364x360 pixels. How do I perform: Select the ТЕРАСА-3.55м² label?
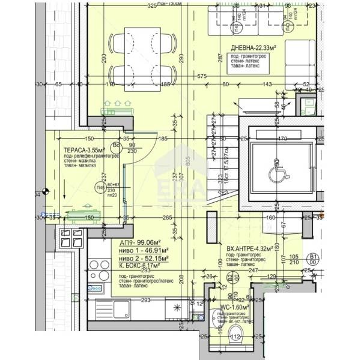pyautogui.click(x=85, y=151)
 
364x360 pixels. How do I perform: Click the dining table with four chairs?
pyautogui.click(x=143, y=59)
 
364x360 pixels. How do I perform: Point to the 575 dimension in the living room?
pyautogui.click(x=201, y=76)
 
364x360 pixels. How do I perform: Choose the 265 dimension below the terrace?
pyautogui.click(x=168, y=218)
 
